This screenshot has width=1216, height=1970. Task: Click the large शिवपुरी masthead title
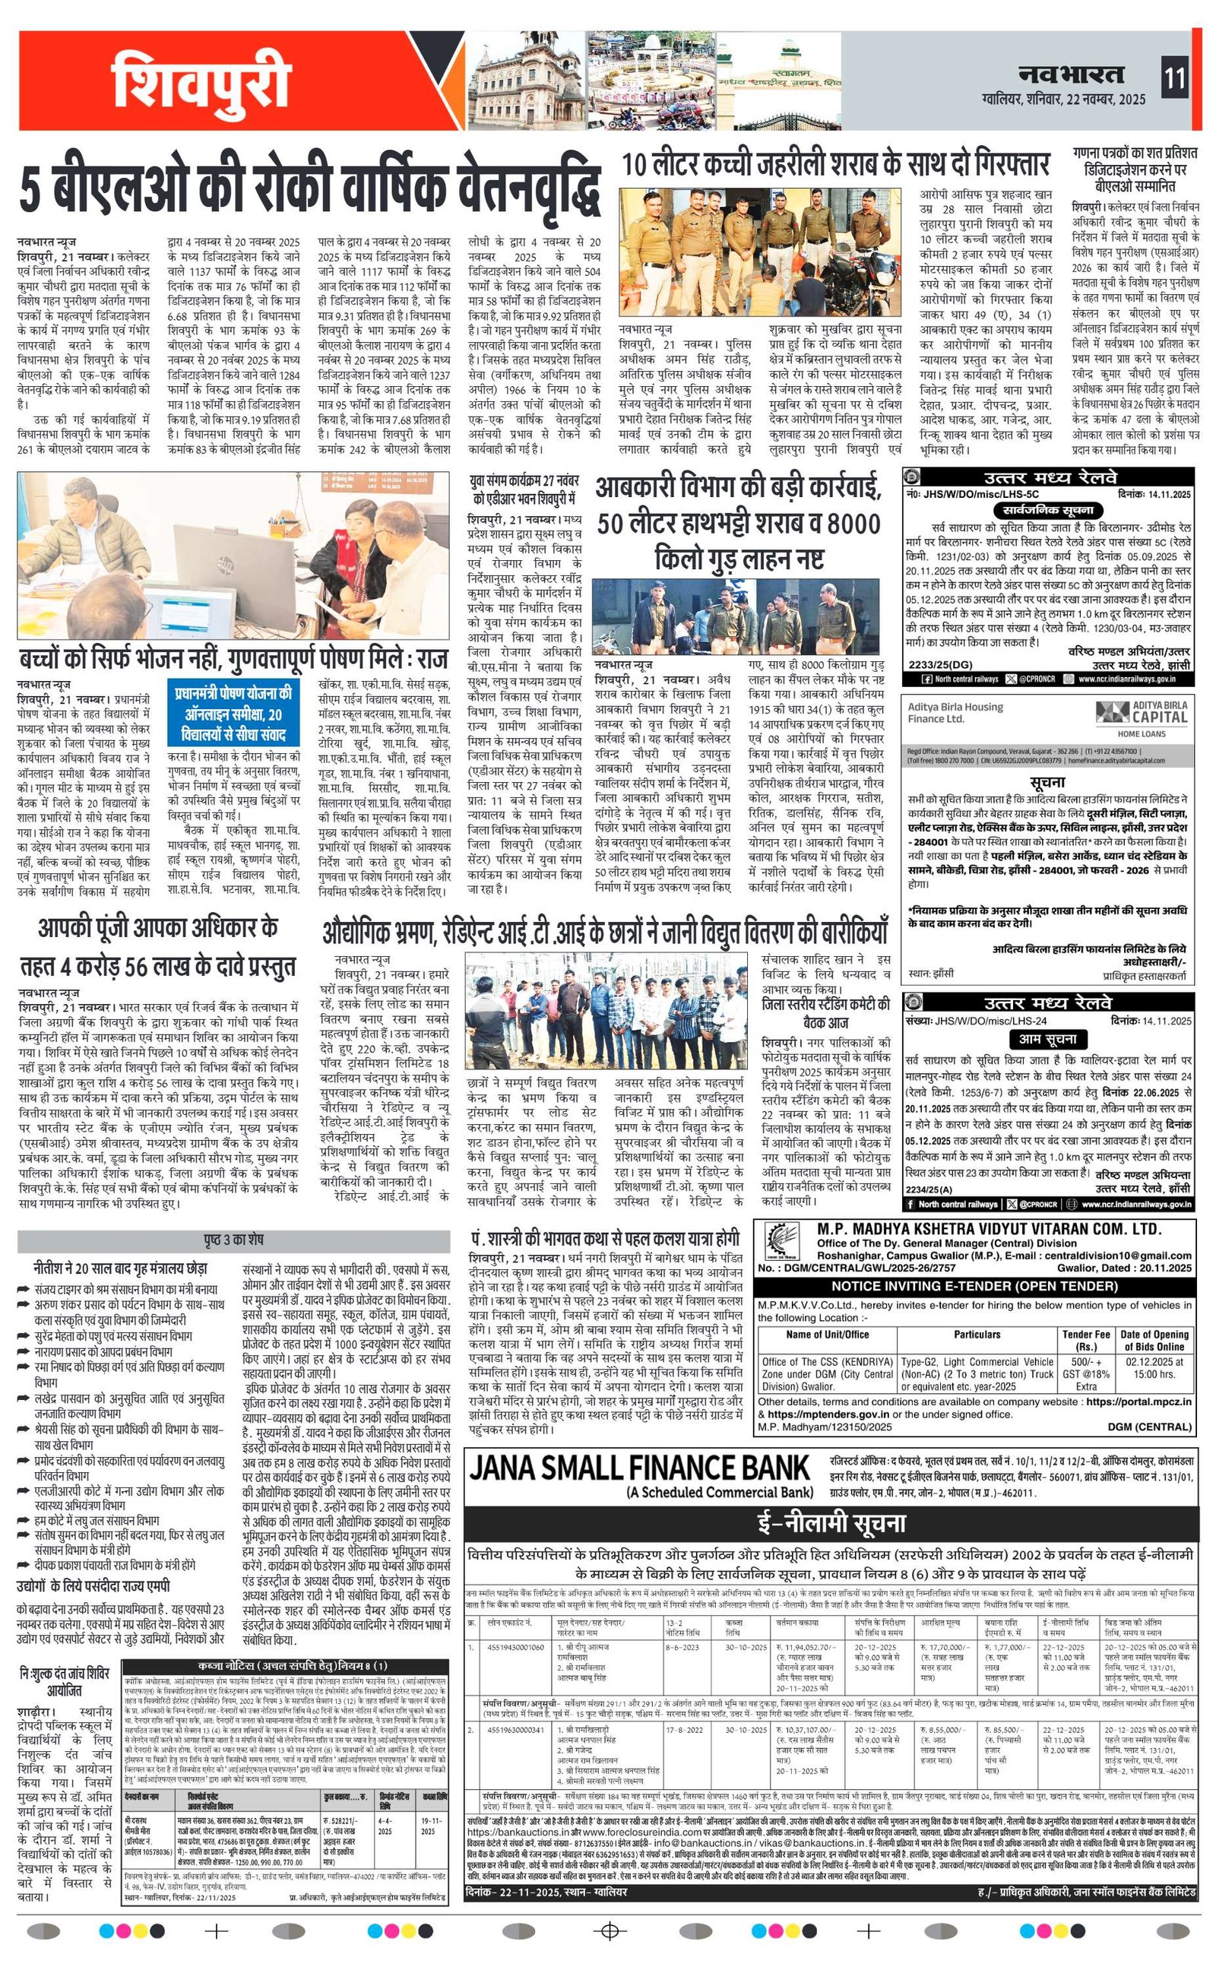(x=200, y=79)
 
